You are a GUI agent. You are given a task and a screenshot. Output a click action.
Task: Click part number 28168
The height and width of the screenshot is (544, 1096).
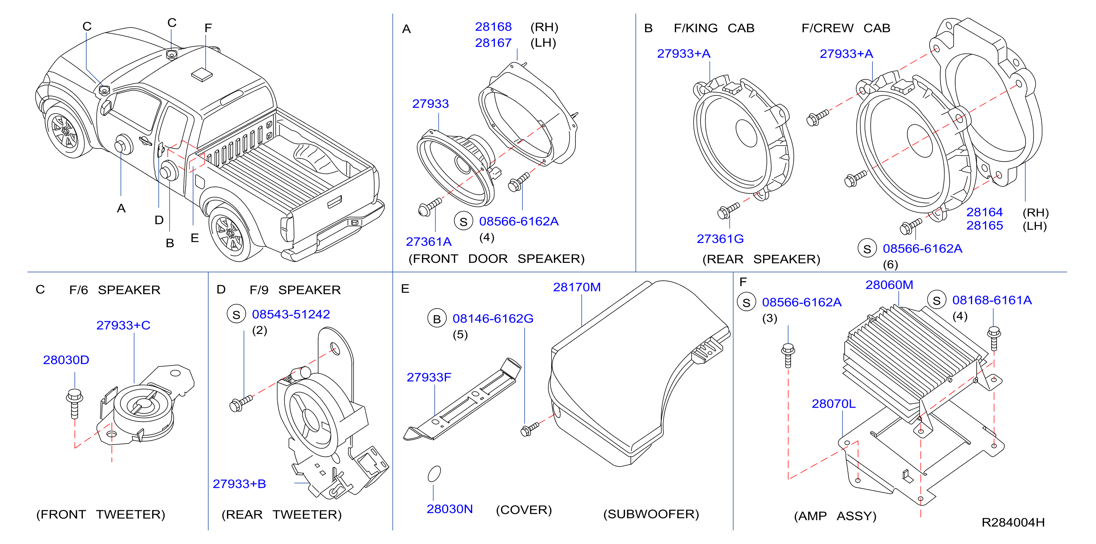pos(493,27)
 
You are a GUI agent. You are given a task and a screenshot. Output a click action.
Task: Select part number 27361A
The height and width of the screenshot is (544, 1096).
pos(429,242)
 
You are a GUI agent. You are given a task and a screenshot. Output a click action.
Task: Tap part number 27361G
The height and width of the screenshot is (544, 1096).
pos(720,239)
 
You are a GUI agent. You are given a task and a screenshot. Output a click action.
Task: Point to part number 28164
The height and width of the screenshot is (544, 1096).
pos(984,212)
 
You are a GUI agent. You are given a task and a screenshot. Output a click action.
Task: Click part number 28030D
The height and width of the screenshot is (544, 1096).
pos(66,360)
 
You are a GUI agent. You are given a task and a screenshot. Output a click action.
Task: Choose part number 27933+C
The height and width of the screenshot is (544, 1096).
pos(124,326)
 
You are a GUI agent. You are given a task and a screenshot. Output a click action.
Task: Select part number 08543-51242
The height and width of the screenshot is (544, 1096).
pos(291,314)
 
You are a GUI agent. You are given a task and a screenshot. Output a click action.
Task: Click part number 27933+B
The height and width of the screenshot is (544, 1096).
pos(239,484)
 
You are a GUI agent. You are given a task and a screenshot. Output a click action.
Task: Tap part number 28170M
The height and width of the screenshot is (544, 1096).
pos(577,287)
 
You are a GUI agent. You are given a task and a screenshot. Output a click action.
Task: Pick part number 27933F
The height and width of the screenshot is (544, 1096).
pos(429,377)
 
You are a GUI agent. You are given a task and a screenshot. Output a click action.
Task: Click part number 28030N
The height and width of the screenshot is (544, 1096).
pos(449,509)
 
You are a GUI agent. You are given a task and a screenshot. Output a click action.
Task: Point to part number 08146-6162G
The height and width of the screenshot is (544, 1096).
pos(493,319)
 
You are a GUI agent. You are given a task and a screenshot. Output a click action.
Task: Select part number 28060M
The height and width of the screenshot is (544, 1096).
pos(889,285)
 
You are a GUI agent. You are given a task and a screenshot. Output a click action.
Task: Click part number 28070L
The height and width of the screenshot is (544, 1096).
pos(833,404)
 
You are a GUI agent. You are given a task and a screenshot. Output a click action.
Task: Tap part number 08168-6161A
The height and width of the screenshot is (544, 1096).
pos(992,300)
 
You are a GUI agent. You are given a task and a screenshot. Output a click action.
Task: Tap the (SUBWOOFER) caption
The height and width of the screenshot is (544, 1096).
pos(651,514)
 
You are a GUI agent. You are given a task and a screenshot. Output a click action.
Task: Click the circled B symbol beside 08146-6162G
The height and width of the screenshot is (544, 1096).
pos(437,319)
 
